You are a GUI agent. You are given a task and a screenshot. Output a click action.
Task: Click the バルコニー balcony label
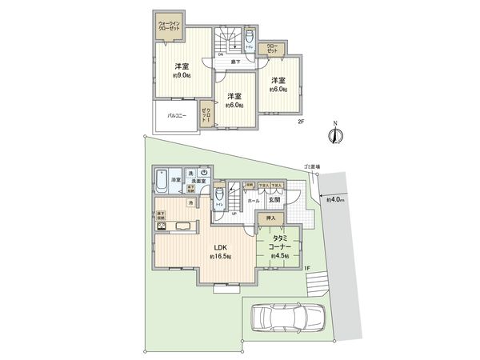(177, 115)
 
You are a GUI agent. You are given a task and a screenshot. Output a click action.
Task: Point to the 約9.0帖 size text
(182, 77)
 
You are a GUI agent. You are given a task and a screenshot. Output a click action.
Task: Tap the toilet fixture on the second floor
(249, 38)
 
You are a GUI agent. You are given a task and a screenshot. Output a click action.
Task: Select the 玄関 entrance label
(284, 200)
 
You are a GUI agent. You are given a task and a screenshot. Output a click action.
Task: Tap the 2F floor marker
(301, 122)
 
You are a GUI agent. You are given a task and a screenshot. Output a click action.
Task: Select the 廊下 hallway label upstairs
(235, 62)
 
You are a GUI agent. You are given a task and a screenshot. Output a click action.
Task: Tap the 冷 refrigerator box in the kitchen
(190, 203)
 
